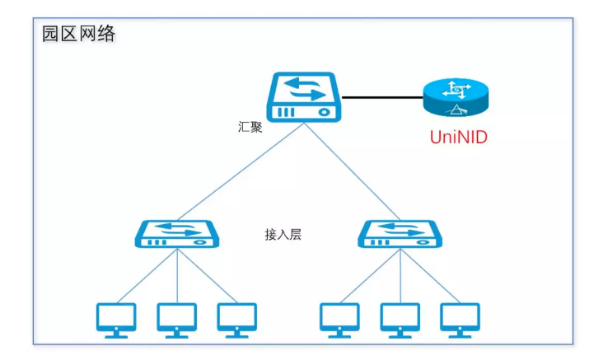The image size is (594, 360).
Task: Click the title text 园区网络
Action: [79, 34]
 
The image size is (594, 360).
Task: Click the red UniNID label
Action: [458, 137]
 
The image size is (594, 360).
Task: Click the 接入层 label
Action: [283, 235]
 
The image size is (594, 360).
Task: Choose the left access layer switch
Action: [177, 234]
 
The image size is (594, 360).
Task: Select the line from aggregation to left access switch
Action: [239, 172]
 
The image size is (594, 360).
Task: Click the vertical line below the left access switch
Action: [177, 277]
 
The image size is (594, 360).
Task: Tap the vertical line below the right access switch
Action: [400, 277]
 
